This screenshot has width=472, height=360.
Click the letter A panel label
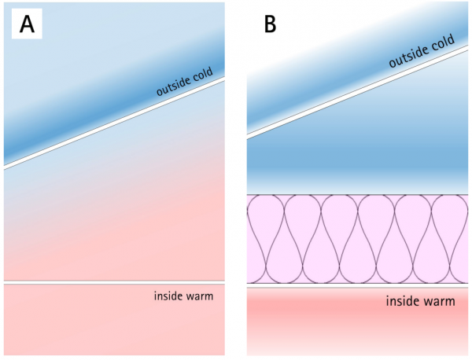pos(27,24)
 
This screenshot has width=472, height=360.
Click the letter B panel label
pos(270,24)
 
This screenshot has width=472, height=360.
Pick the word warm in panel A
pos(200,296)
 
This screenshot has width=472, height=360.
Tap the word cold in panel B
pos(442,42)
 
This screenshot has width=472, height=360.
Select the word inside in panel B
pos(402,301)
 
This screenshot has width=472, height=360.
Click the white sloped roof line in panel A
pos(114,123)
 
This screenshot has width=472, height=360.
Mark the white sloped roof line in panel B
pos(358,92)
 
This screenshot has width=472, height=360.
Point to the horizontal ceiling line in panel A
pos(114,283)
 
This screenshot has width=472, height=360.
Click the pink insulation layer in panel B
pos(358,239)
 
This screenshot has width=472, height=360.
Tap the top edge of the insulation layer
pos(358,195)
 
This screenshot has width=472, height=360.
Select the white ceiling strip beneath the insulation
pos(358,285)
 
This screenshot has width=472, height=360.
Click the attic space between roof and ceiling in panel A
pos(114,211)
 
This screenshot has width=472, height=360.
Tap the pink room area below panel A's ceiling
pos(114,320)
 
